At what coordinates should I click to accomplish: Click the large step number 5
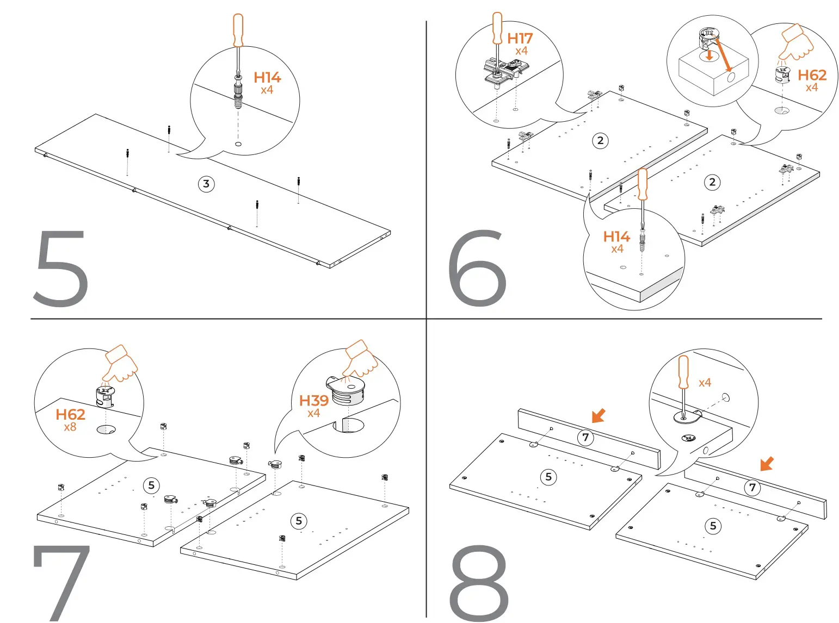pyautogui.click(x=61, y=268)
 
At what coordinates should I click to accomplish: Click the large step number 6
pyautogui.click(x=477, y=268)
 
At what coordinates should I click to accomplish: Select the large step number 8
pyautogui.click(x=479, y=583)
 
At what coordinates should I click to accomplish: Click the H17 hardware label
pyautogui.click(x=520, y=39)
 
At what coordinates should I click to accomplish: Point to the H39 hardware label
pyautogui.click(x=314, y=401)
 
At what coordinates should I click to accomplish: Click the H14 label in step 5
pyautogui.click(x=267, y=78)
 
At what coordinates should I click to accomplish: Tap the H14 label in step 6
pyautogui.click(x=616, y=236)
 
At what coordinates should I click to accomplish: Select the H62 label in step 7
pyautogui.click(x=70, y=415)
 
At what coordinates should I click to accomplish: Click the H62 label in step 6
pyautogui.click(x=812, y=75)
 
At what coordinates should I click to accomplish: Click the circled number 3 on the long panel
pyautogui.click(x=206, y=184)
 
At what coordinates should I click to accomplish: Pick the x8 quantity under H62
pyautogui.click(x=70, y=427)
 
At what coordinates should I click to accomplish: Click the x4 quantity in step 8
pyautogui.click(x=705, y=383)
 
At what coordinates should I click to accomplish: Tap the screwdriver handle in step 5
pyautogui.click(x=238, y=30)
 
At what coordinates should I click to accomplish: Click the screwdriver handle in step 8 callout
pyautogui.click(x=683, y=372)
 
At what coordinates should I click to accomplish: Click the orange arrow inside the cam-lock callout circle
pyautogui.click(x=723, y=54)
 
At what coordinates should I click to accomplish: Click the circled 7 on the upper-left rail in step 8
pyautogui.click(x=585, y=437)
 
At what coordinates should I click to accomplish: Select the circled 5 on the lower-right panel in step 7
pyautogui.click(x=299, y=521)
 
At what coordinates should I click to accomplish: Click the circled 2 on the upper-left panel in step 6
pyautogui.click(x=600, y=141)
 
